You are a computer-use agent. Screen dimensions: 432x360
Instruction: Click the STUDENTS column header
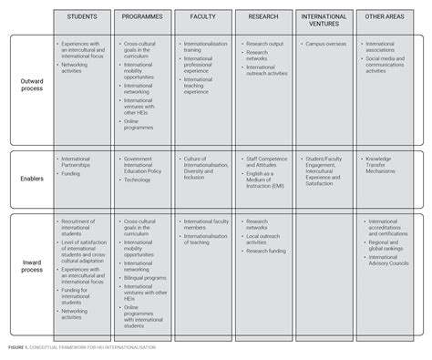(83, 17)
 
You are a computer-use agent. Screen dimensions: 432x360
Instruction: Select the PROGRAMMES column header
(145, 17)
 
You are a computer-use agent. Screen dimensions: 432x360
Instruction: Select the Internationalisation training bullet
(206, 46)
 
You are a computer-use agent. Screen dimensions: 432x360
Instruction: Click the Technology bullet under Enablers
(140, 180)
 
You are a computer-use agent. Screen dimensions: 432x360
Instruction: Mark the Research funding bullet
(266, 251)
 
